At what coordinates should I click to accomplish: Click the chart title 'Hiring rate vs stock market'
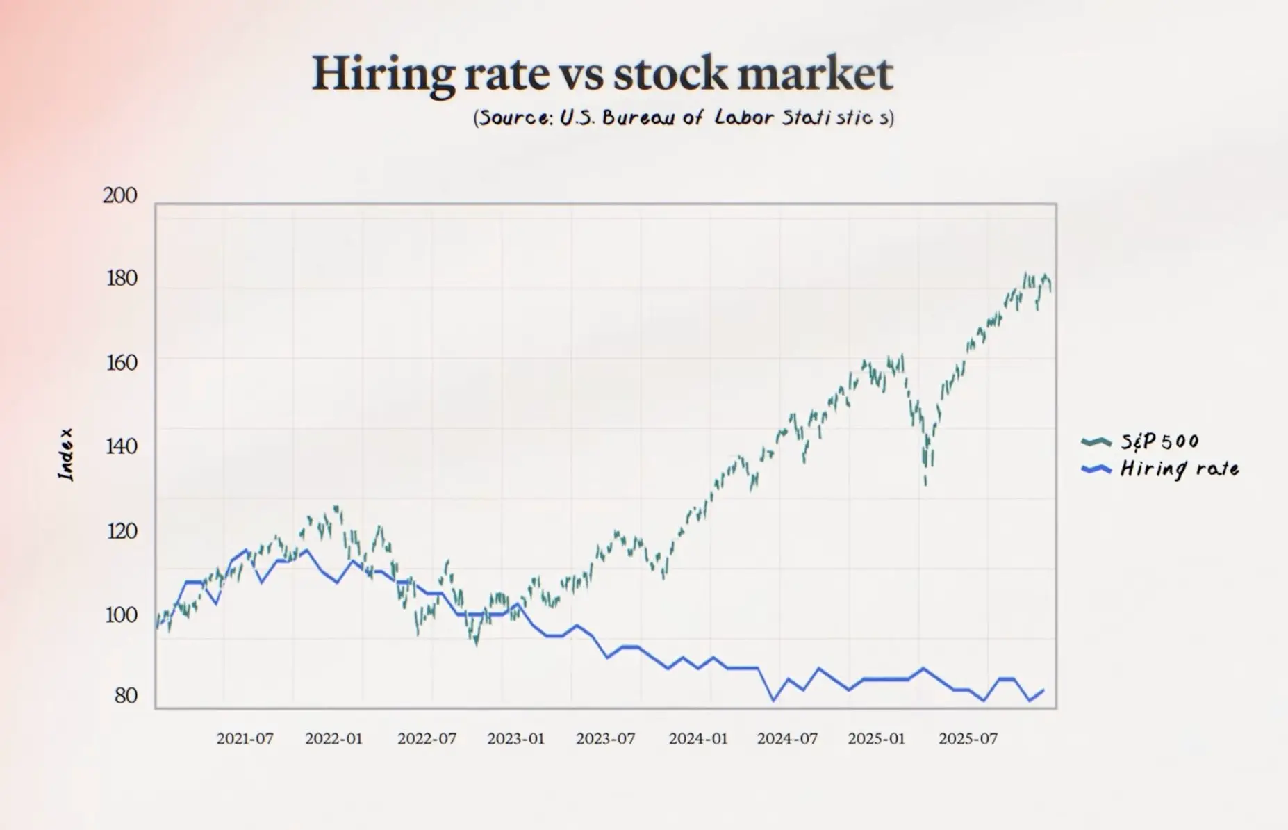(602, 74)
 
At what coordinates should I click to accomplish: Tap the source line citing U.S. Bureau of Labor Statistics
(684, 117)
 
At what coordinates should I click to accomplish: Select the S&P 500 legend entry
(1159, 441)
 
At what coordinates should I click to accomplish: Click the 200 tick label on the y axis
(120, 195)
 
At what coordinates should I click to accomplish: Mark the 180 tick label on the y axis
(122, 279)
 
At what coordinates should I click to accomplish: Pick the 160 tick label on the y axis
(122, 363)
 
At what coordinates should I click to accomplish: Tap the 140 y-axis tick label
(122, 446)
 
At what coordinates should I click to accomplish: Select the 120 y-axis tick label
(122, 531)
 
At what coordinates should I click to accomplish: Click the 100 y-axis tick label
(122, 615)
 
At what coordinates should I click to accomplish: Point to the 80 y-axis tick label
(126, 696)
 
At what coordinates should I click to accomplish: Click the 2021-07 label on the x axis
(245, 738)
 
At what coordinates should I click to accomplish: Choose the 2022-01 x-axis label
(333, 738)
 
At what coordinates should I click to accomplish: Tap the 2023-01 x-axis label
(515, 738)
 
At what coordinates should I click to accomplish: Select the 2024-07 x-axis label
(787, 738)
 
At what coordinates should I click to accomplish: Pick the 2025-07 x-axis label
(968, 738)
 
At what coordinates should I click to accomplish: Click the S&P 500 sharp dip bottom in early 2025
(925, 482)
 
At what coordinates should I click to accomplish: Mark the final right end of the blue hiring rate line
(1043, 690)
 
